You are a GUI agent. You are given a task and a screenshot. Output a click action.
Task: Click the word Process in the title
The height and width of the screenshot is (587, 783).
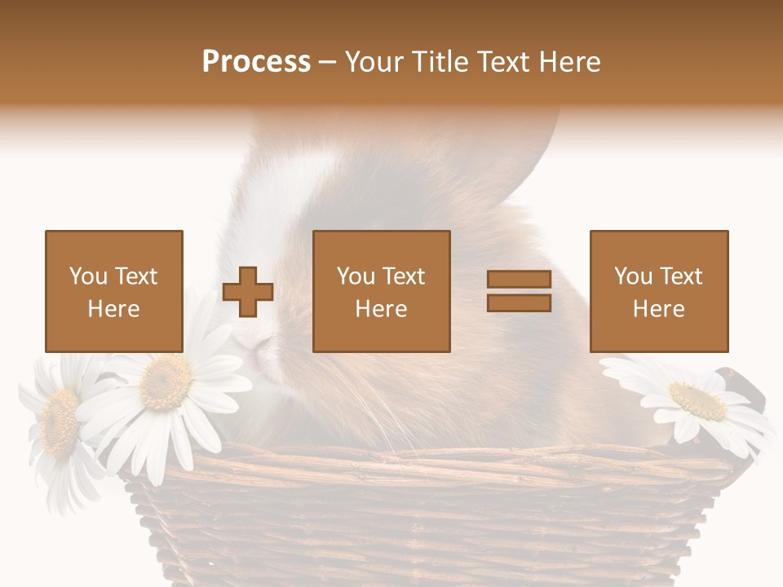point(256,62)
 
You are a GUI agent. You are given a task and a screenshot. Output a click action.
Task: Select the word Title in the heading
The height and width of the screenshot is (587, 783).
point(439,62)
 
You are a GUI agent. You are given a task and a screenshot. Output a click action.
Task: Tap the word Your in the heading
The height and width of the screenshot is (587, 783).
point(375,62)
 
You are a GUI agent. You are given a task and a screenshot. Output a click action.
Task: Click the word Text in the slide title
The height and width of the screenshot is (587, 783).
point(502,62)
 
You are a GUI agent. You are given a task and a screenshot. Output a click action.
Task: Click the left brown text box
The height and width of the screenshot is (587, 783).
point(113,291)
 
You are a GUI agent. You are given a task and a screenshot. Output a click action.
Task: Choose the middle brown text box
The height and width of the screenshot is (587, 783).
point(381,291)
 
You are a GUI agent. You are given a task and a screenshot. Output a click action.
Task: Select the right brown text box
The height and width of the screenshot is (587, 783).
point(658,291)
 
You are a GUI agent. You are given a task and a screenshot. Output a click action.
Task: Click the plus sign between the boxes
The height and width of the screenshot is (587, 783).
point(248,292)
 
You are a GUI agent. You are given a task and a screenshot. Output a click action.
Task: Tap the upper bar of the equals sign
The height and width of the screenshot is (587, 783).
point(519,279)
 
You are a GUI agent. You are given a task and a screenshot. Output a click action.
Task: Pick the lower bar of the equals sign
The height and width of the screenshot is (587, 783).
point(519,303)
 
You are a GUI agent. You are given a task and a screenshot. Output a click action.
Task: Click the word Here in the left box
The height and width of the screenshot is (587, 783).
point(113,309)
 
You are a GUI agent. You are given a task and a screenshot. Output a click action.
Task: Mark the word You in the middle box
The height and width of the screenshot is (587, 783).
point(356,276)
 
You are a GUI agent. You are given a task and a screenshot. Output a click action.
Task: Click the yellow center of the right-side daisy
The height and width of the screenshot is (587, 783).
point(698,401)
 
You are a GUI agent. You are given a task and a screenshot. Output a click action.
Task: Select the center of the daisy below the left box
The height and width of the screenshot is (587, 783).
point(166,382)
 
